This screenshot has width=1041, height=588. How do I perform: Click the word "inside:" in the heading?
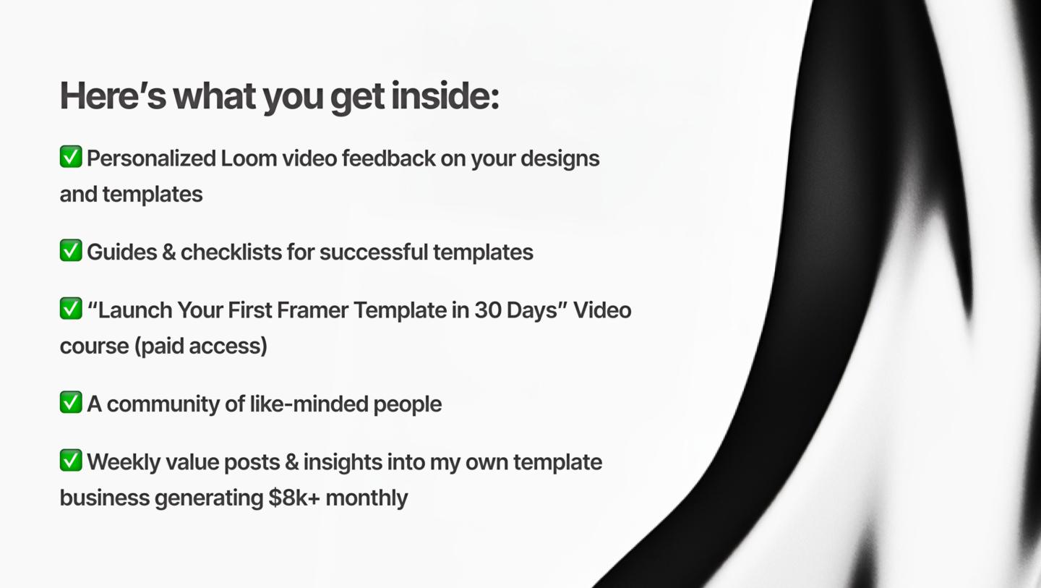pos(445,96)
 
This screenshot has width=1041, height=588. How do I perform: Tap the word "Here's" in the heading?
pos(113,96)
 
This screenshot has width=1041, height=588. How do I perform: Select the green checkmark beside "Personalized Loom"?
pos(71,157)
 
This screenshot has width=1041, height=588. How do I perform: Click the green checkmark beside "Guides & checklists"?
pos(71,250)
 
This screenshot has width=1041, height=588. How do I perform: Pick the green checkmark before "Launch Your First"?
pos(71,309)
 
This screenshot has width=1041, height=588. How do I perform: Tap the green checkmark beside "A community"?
pos(71,402)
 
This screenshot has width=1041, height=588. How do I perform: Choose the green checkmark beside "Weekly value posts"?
pos(71,460)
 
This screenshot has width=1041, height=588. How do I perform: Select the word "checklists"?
pos(231,252)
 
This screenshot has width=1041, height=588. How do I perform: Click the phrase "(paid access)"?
pos(201,346)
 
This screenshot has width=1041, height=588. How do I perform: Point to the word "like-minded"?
pos(309,404)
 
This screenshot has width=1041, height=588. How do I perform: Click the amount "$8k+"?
pos(294,498)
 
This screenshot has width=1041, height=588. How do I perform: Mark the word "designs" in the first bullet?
pos(560,159)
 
